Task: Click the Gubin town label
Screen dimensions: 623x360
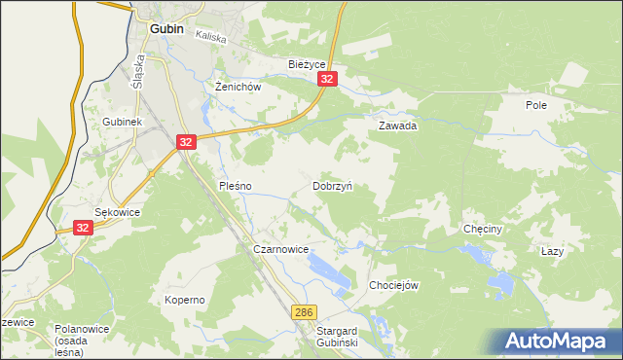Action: click(x=167, y=29)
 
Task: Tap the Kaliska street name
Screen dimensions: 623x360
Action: click(x=210, y=37)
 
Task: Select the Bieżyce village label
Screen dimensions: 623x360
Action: click(x=306, y=64)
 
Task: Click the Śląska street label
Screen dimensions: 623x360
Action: click(x=138, y=70)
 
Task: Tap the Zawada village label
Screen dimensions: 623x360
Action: click(x=397, y=126)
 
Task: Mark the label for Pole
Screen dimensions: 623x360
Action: click(x=535, y=105)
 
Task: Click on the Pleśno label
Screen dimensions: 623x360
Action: click(x=236, y=185)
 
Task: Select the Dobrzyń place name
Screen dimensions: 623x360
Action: click(x=332, y=185)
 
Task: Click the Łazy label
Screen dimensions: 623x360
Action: click(x=552, y=251)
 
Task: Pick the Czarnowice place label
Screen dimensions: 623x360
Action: click(x=280, y=250)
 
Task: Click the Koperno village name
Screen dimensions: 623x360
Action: click(x=184, y=300)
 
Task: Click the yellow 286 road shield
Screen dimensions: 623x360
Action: click(x=304, y=311)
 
